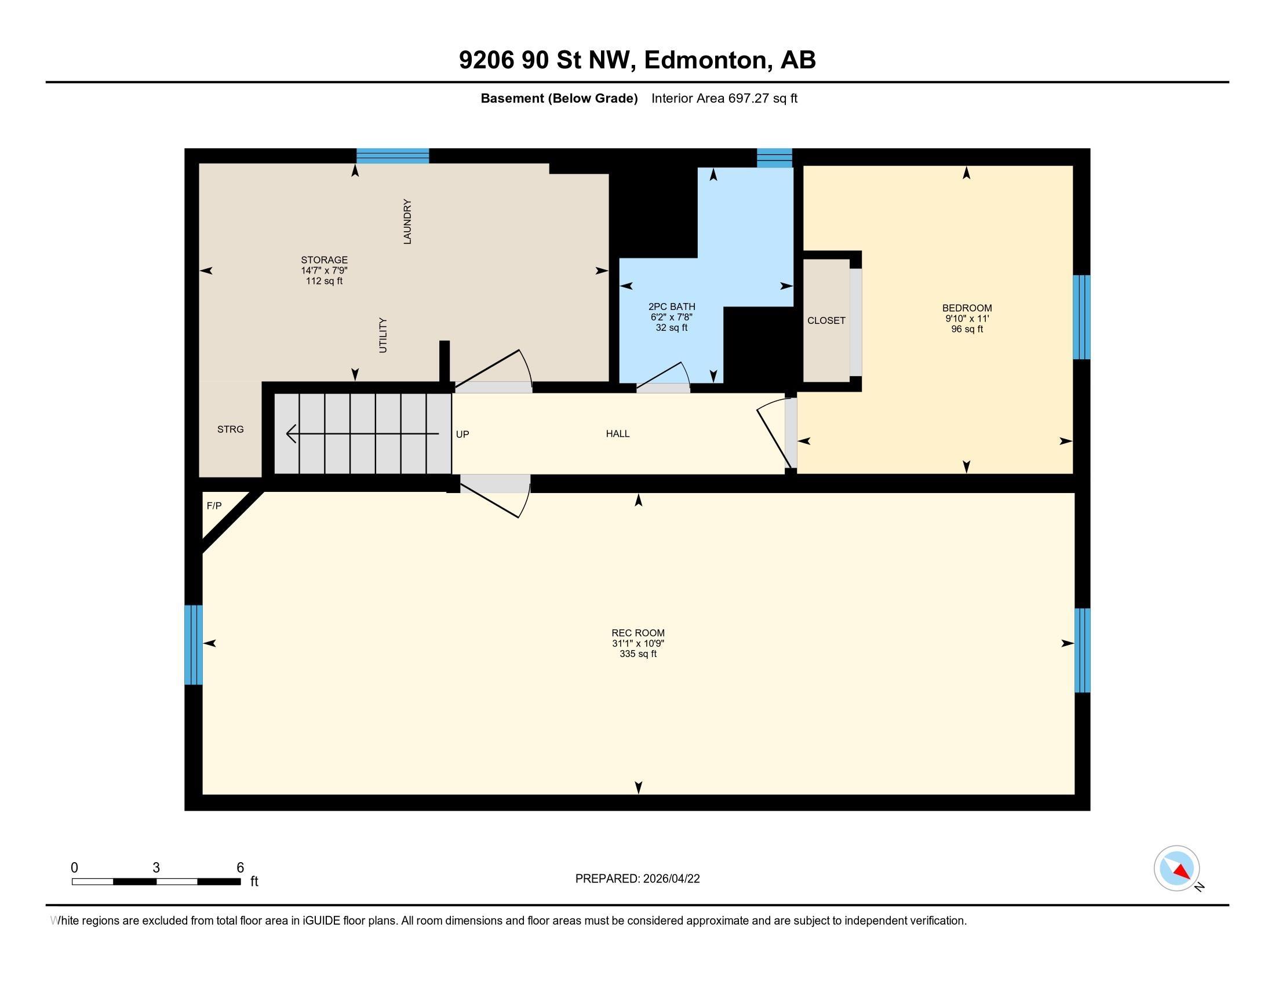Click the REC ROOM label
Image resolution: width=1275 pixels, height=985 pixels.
point(637,633)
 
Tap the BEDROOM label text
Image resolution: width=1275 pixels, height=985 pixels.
point(967,308)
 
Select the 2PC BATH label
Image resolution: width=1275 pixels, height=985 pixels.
point(671,307)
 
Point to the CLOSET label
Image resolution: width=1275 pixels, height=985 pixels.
point(826,320)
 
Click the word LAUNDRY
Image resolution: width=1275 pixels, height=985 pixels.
point(407,222)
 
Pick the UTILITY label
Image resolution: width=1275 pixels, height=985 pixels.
point(383,335)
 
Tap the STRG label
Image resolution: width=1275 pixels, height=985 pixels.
point(231,429)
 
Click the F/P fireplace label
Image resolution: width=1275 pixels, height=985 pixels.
point(214,506)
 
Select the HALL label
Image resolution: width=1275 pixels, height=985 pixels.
point(618,433)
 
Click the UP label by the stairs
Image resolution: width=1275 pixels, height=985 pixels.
point(462,434)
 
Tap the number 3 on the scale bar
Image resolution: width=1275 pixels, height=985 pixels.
point(156,868)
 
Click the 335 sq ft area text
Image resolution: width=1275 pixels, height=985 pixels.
point(638,654)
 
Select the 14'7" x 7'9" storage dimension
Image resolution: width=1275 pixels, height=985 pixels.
point(324,270)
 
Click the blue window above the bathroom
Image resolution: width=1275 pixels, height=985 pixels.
point(775,158)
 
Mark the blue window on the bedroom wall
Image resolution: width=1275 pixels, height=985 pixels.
point(1082,318)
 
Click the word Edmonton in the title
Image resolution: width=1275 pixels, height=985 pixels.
point(705,60)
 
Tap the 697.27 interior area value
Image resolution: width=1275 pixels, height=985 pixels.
point(748,99)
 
